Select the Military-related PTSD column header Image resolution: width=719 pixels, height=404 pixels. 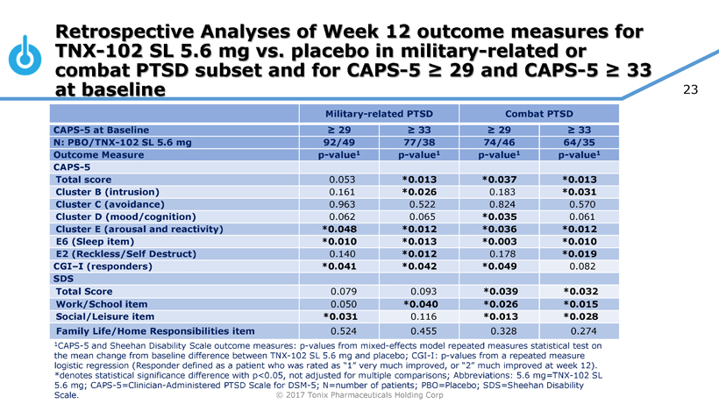379,115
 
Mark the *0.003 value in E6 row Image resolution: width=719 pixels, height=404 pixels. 499,242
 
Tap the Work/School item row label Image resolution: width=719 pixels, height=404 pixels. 103,303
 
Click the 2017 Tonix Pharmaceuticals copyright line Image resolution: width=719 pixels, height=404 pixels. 359,395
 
